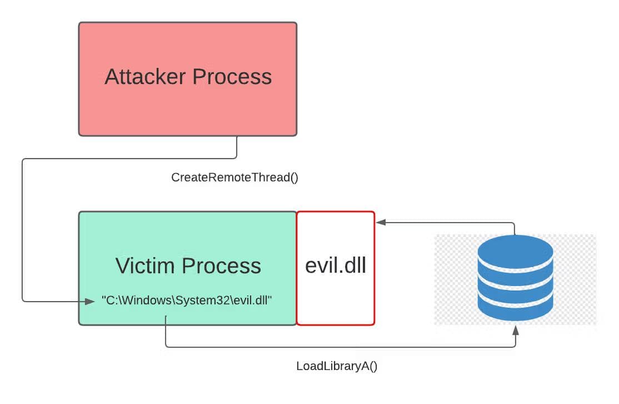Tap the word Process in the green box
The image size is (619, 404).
tap(226, 265)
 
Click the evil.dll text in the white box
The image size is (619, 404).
tap(336, 265)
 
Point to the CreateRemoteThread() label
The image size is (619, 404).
tap(234, 178)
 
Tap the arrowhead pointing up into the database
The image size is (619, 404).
tap(516, 330)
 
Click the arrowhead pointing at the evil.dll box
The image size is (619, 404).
tap(380, 222)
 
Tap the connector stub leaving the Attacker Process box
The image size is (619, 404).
tap(237, 147)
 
